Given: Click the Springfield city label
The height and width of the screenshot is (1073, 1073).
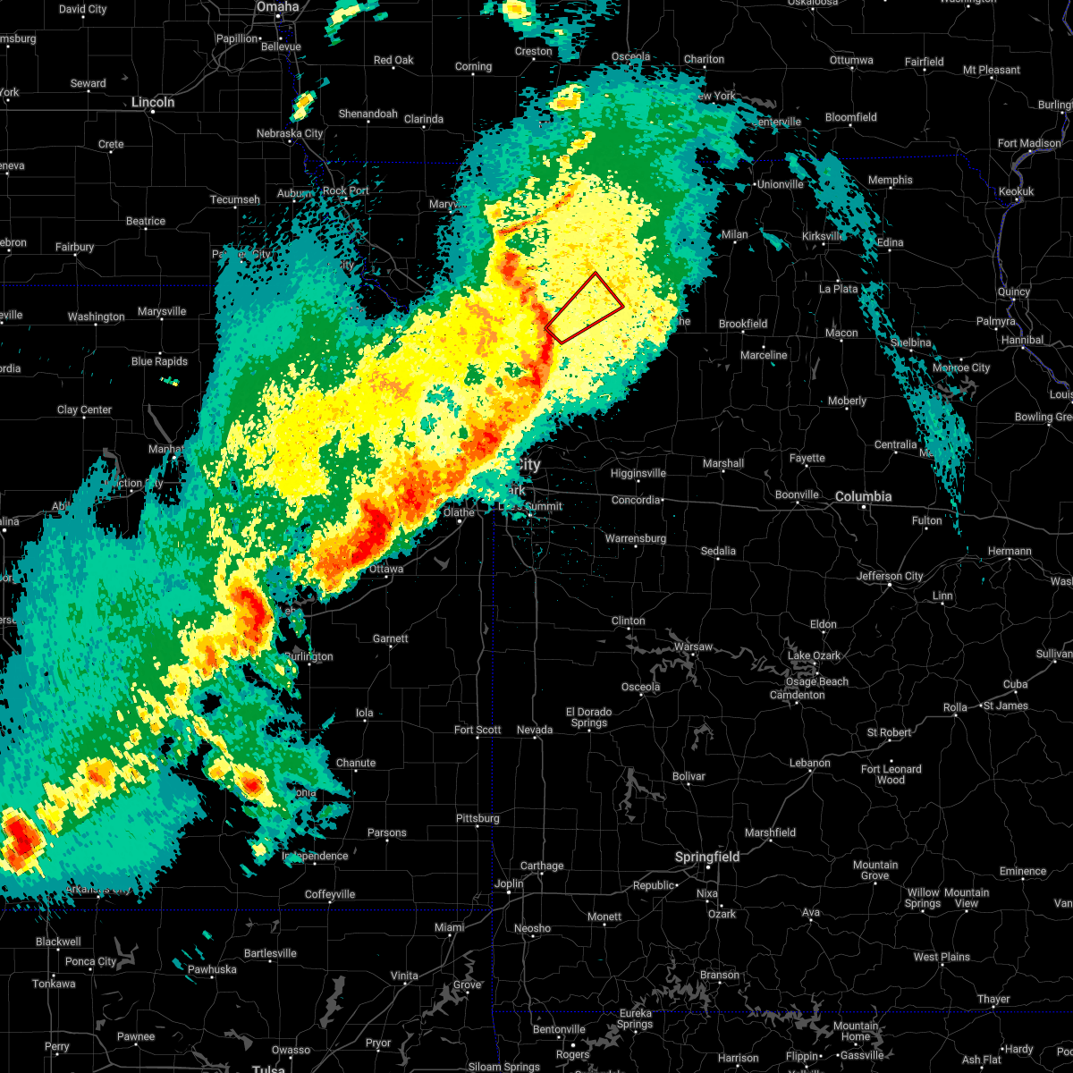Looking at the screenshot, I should coord(706,857).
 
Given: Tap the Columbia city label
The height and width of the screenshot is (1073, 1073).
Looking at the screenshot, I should coord(863,496).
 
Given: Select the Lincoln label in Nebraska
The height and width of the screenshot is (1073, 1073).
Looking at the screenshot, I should coord(153,102).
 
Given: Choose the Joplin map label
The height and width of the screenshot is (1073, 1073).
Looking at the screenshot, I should coord(509,883).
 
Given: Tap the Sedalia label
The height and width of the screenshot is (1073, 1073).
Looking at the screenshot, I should coord(718,551).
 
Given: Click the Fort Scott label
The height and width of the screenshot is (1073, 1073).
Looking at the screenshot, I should coord(477,730).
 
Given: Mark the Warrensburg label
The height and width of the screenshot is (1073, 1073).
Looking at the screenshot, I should coord(636,538).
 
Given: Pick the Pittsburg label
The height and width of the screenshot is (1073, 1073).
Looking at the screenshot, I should coord(477,818).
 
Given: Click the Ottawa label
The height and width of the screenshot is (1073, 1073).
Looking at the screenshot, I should coord(385,569).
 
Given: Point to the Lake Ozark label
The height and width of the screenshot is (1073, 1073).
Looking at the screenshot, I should coord(814,655).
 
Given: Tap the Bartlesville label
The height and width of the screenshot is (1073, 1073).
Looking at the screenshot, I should coord(269,953).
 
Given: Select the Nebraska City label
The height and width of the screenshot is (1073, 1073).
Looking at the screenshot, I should coord(290,133).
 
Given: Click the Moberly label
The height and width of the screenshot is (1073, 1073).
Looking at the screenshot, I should coord(848,401).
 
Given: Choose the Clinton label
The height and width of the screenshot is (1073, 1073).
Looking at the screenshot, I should coord(628,621).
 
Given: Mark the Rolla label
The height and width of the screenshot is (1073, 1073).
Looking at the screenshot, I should coord(955,707).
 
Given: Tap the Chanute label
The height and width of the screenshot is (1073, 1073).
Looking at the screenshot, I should coord(356,763).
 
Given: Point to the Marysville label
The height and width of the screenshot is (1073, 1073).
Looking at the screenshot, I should coord(162,311).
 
